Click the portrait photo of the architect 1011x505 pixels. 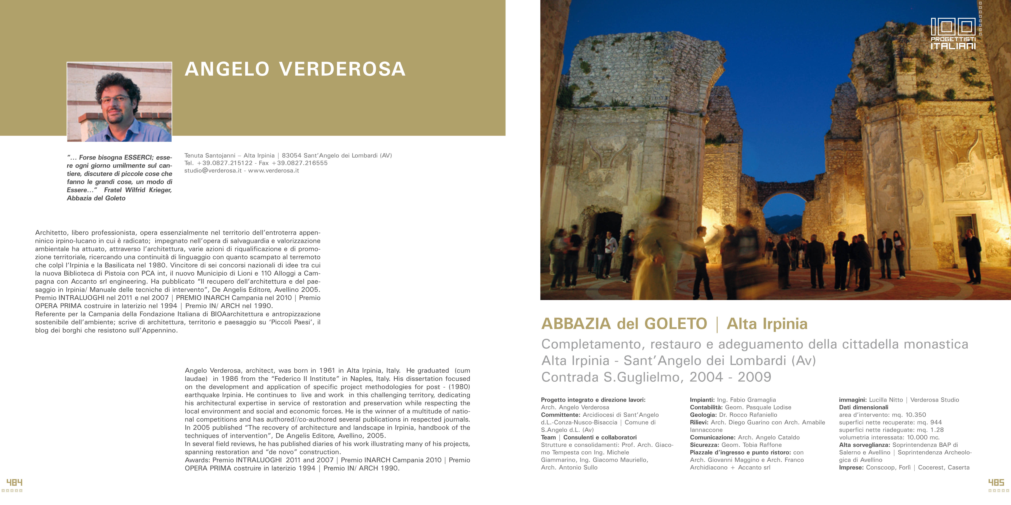119,102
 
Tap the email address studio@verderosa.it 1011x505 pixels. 213,171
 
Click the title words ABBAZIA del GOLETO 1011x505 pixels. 624,324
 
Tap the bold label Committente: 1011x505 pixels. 560,415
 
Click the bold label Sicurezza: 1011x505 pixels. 704,445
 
